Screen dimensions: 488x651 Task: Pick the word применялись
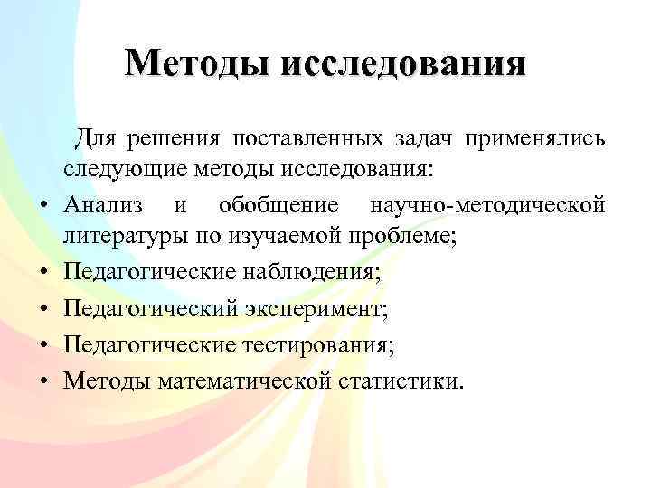536,138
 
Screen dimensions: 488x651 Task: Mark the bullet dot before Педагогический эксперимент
43,311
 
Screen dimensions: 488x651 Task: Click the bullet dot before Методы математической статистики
43,381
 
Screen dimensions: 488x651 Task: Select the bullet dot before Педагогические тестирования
43,346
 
